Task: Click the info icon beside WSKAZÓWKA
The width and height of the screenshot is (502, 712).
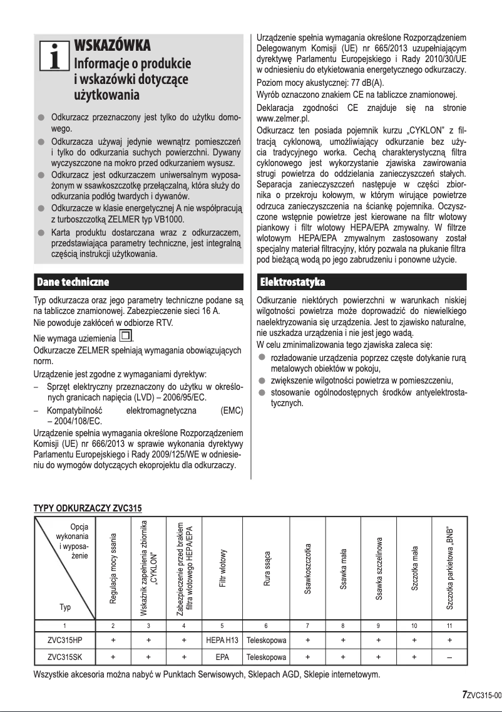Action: point(54,56)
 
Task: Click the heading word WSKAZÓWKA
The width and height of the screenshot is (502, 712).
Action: point(112,46)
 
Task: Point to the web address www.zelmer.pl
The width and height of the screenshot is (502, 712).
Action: point(285,117)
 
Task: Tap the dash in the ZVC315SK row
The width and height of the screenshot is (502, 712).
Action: point(449,657)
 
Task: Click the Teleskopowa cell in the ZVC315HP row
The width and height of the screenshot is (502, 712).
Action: point(267,641)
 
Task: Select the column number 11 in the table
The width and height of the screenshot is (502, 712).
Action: point(449,626)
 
